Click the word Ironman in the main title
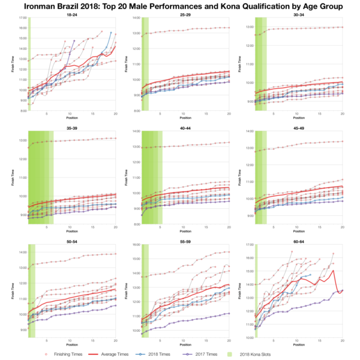click(38, 5)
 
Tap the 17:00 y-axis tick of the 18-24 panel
click(23, 19)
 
